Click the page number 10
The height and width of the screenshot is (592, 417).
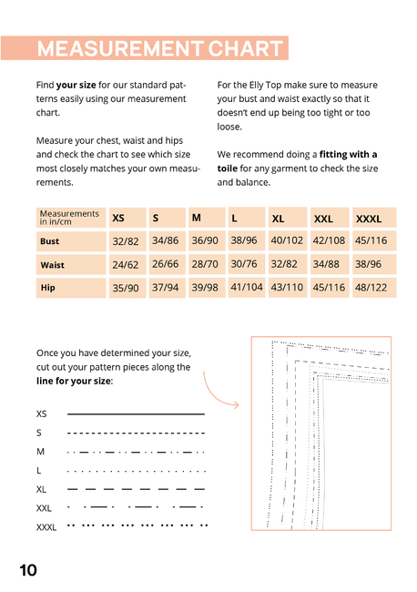pyautogui.click(x=28, y=570)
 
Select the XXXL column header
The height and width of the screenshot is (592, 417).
pyautogui.click(x=369, y=219)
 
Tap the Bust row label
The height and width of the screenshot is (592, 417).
pyautogui.click(x=50, y=241)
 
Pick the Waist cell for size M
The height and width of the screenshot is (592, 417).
pyautogui.click(x=205, y=264)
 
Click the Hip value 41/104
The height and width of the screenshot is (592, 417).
pyautogui.click(x=247, y=287)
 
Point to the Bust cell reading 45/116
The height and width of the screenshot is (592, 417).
pyautogui.click(x=371, y=240)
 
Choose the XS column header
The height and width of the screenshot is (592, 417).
pyautogui.click(x=118, y=219)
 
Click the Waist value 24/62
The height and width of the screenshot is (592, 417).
pyautogui.click(x=126, y=265)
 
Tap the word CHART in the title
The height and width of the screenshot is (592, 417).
pyautogui.click(x=245, y=48)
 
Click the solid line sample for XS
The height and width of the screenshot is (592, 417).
pyautogui.click(x=136, y=414)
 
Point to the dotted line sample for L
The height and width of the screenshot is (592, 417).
pyautogui.click(x=136, y=471)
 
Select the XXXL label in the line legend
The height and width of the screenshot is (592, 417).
pyautogui.click(x=46, y=527)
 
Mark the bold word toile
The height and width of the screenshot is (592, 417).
pyautogui.click(x=228, y=168)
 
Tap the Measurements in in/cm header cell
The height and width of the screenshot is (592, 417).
pyautogui.click(x=71, y=218)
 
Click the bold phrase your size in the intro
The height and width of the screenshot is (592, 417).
pyautogui.click(x=76, y=86)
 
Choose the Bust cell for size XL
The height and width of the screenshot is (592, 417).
pyautogui.click(x=287, y=240)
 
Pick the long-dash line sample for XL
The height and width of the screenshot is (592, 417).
pyautogui.click(x=136, y=489)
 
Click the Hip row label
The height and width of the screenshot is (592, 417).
pyautogui.click(x=48, y=288)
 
